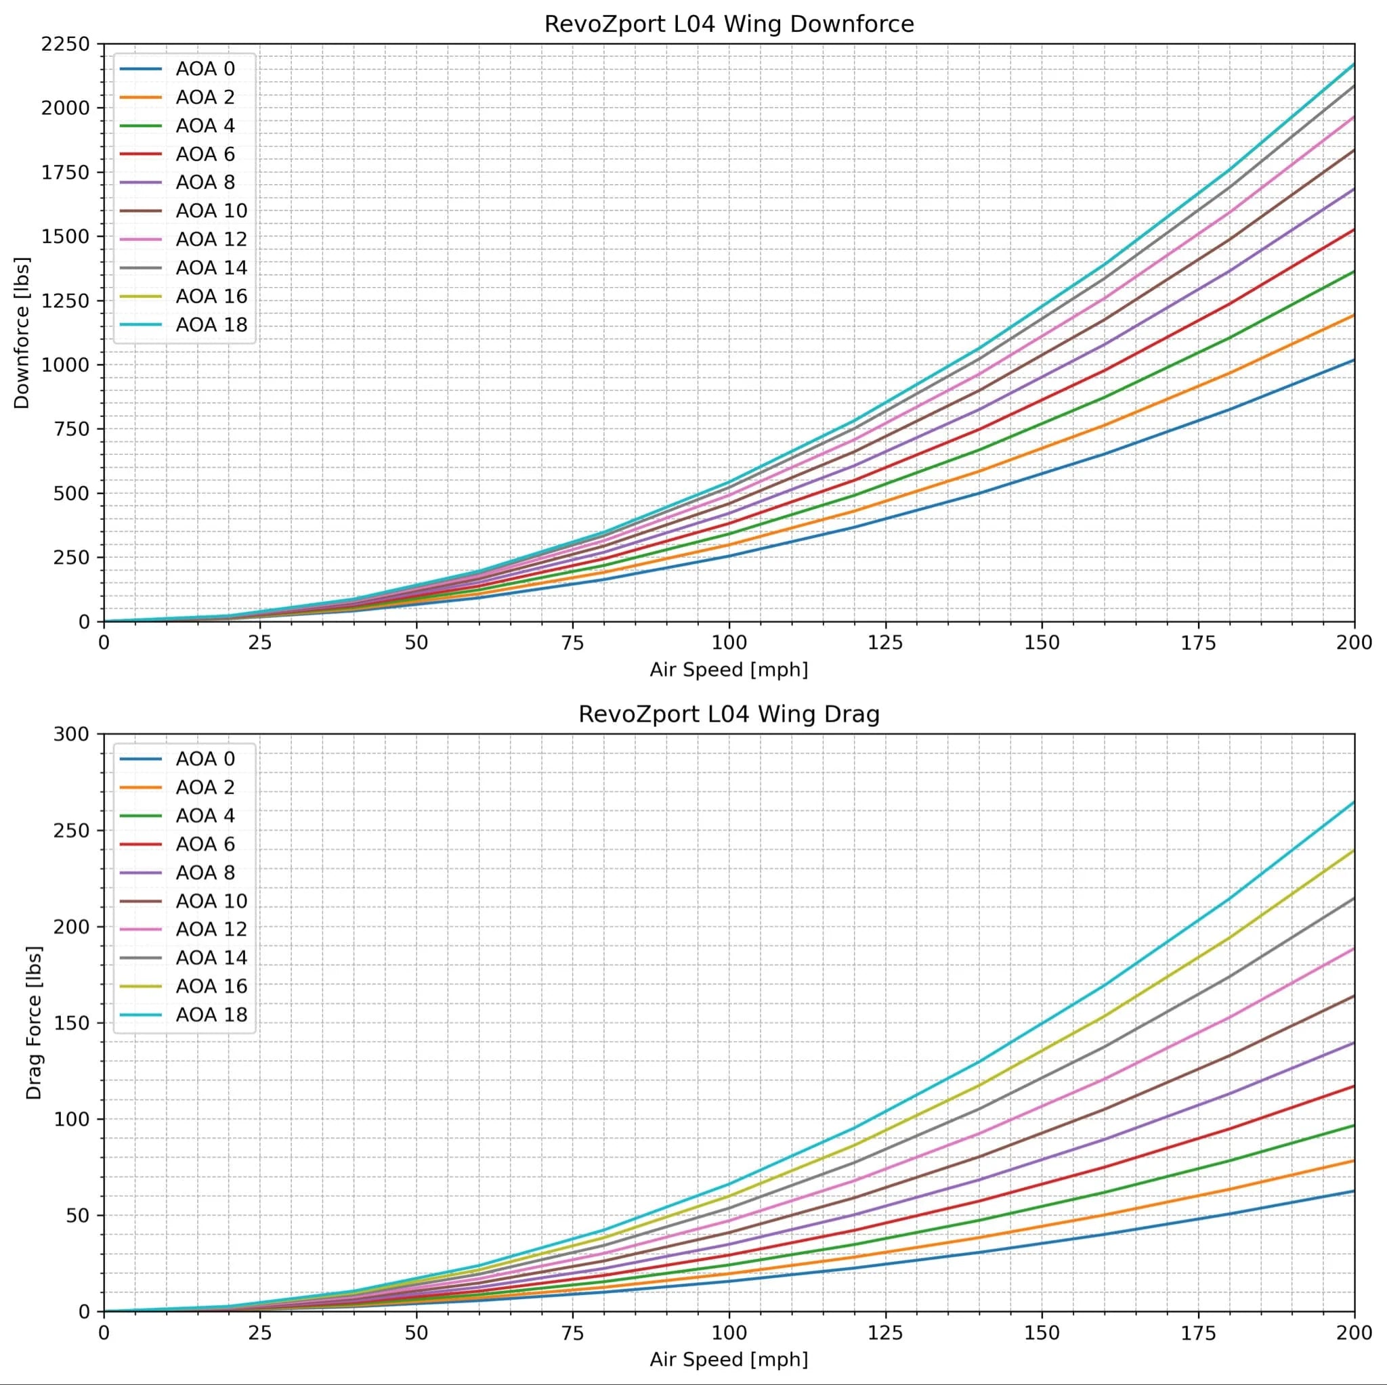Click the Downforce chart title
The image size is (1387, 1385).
tap(729, 24)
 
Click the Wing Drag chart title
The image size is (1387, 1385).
tap(729, 714)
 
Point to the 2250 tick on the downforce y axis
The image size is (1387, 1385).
tap(66, 45)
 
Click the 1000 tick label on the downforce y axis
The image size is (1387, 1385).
tap(66, 365)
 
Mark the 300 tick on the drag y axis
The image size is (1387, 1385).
tap(72, 734)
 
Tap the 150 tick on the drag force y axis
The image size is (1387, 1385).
tap(72, 1023)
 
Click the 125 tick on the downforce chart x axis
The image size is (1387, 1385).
tap(885, 642)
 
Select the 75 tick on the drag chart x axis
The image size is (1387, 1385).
tap(573, 1333)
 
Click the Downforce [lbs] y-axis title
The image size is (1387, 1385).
tap(22, 333)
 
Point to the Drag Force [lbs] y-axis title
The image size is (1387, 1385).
tap(34, 1023)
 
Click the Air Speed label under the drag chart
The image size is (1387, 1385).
tap(729, 1359)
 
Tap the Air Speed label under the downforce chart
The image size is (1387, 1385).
tap(729, 669)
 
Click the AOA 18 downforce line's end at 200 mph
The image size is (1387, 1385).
tap(1353, 64)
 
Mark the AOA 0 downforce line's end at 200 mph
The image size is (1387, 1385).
tap(1353, 360)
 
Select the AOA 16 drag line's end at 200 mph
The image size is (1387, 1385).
tap(1353, 850)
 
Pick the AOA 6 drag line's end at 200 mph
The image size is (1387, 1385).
tap(1353, 1086)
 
